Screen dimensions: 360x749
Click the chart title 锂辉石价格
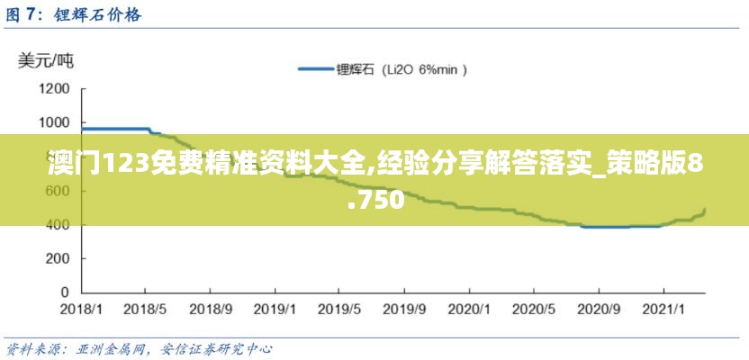point(97,15)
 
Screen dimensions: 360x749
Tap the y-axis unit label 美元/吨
point(47,61)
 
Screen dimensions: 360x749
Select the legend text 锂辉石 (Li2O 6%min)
point(401,68)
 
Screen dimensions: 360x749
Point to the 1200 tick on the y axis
point(54,89)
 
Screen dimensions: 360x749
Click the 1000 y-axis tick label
point(54,123)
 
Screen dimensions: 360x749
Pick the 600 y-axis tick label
point(58,191)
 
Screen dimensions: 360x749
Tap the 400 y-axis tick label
point(58,225)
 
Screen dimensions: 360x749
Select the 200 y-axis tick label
point(58,258)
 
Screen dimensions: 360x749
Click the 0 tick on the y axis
point(64,292)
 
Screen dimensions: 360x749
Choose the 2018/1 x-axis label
point(81,309)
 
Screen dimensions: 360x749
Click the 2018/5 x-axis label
point(146,309)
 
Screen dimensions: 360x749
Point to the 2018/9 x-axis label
point(211,309)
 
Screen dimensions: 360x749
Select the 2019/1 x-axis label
point(275,309)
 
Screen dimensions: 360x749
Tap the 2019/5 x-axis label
point(340,309)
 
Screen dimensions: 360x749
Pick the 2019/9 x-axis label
point(405,309)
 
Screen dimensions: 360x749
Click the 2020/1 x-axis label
point(470,309)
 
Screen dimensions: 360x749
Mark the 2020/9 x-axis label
point(600,309)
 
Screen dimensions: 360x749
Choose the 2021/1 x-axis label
point(664,309)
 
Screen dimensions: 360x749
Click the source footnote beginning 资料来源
point(140,348)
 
